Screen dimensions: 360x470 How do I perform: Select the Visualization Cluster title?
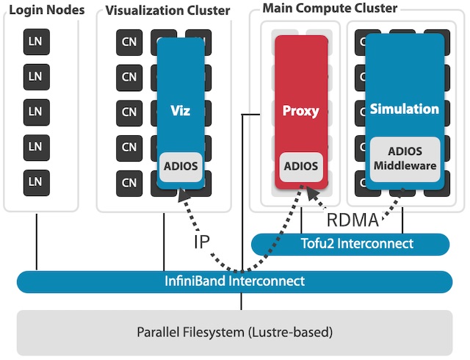tap(167, 10)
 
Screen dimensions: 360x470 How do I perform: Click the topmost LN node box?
tap(35, 40)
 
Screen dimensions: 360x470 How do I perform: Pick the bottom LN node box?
tap(35, 181)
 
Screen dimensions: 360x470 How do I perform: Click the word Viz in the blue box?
tap(180, 111)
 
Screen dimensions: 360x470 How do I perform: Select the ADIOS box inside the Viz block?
tap(180, 166)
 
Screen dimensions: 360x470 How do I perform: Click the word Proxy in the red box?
tap(301, 111)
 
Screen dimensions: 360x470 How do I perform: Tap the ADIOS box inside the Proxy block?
tap(301, 166)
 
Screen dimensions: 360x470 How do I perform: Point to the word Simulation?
tap(404, 109)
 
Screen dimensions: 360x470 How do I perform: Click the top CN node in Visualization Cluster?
tap(129, 41)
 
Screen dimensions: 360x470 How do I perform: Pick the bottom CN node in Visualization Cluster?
tap(129, 181)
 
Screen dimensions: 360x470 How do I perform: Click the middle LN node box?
tap(35, 111)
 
